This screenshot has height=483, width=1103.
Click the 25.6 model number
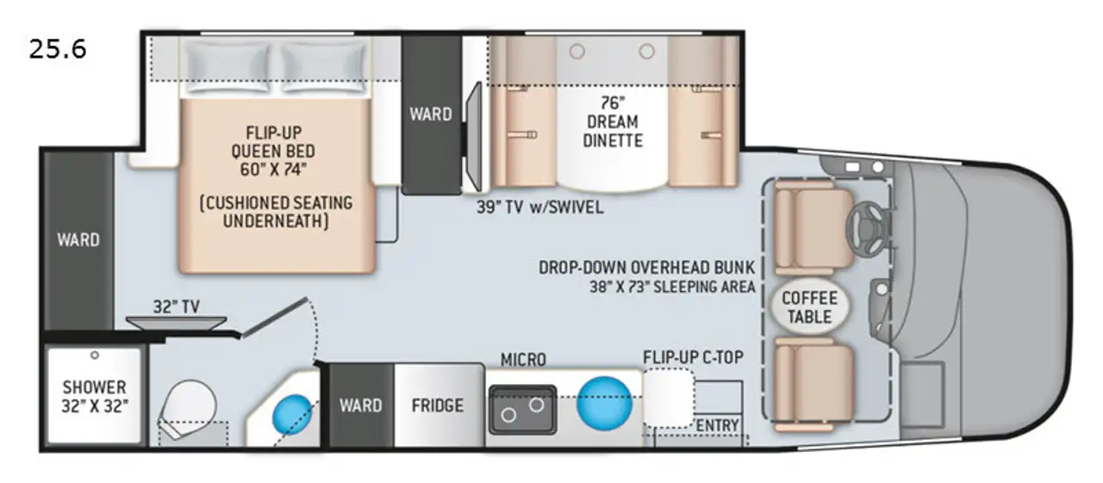[x=58, y=50]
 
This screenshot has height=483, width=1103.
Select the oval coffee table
[x=809, y=307]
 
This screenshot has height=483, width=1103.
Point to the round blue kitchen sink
[x=604, y=403]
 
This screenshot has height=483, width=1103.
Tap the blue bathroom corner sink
[x=292, y=414]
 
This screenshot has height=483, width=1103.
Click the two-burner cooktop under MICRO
[x=522, y=409]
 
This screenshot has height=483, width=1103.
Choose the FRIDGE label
[x=437, y=406]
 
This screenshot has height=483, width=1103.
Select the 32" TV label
[x=177, y=307]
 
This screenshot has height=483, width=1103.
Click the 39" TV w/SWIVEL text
[x=539, y=207]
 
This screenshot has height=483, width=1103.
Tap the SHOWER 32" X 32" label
[x=95, y=397]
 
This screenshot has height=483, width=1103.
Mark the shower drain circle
[x=95, y=355]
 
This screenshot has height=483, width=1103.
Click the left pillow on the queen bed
[x=227, y=67]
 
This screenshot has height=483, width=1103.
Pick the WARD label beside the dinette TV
[x=431, y=115]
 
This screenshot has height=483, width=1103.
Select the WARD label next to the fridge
[x=360, y=406]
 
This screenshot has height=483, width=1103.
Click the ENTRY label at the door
[x=718, y=426]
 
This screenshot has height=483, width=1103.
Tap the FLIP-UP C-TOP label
[x=693, y=357]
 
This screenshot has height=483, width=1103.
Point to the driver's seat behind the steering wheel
[x=813, y=228]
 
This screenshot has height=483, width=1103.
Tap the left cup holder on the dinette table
[x=577, y=51]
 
